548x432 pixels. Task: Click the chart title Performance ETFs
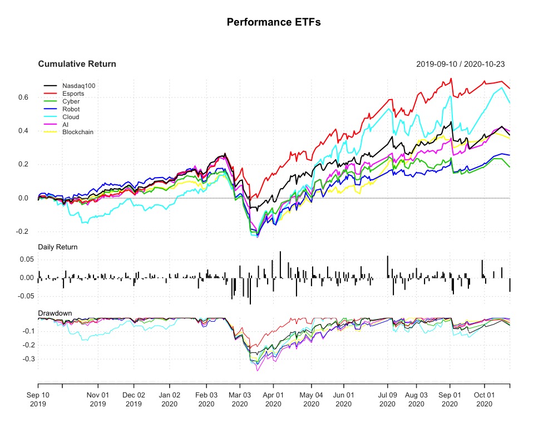click(x=274, y=22)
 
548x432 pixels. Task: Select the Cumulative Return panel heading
click(x=77, y=64)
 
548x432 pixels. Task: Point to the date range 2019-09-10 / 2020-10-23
click(x=460, y=64)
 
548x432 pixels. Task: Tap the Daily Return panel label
click(x=57, y=247)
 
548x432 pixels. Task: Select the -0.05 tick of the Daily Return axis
click(x=25, y=296)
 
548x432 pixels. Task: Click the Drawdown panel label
click(x=54, y=313)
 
